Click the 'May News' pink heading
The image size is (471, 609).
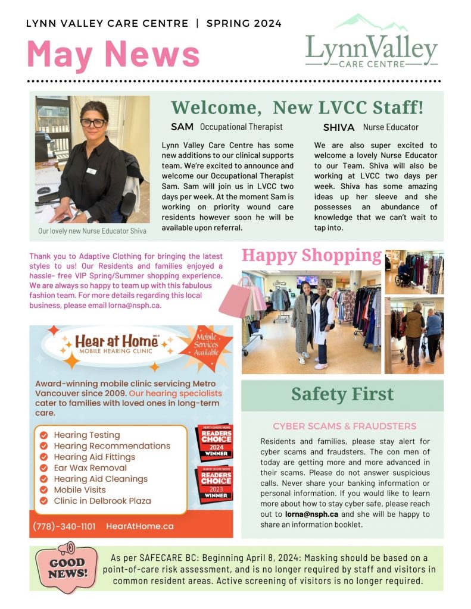point(113,53)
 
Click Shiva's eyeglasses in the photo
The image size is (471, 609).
point(93,123)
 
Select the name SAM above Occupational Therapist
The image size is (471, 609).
point(182,127)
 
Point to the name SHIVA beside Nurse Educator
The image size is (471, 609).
point(339,127)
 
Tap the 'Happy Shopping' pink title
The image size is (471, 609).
point(311,255)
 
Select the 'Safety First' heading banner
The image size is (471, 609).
point(342,394)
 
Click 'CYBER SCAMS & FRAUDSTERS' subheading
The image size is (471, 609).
point(344,426)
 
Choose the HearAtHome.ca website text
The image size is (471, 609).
point(140,526)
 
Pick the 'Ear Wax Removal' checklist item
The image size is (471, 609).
point(90,468)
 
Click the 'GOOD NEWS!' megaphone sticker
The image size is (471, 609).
point(66,569)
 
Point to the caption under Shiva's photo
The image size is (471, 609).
point(92,231)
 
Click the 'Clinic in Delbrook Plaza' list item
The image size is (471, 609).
point(102,501)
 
